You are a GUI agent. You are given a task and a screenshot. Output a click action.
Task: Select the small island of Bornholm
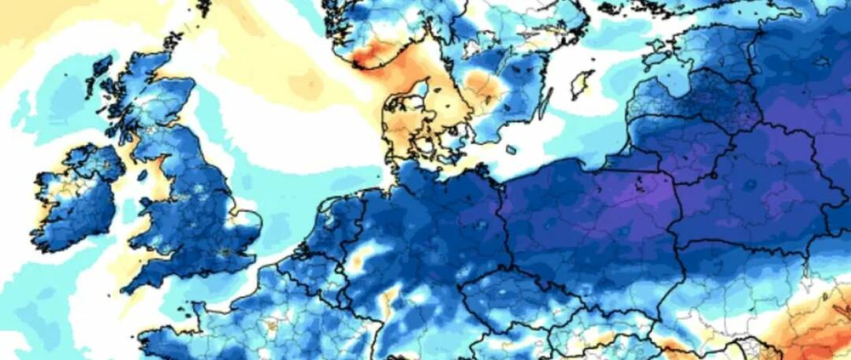(x=511, y=149)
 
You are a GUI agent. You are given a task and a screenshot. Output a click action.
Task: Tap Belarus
(x=756, y=181)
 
